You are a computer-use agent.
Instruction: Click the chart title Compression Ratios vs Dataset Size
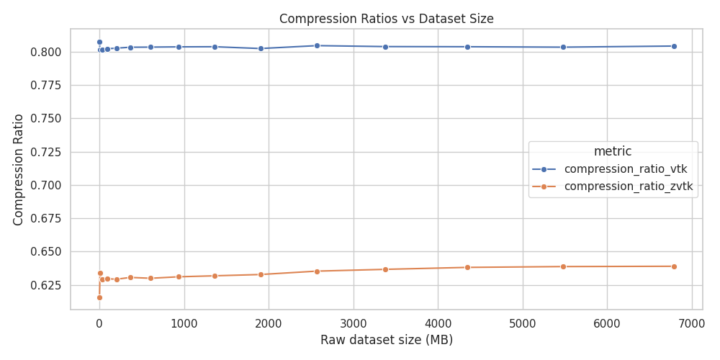click(x=386, y=19)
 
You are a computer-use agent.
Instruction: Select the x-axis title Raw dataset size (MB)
click(x=386, y=340)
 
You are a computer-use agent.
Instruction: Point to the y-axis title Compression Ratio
click(x=19, y=169)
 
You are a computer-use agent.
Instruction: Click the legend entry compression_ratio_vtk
click(x=625, y=169)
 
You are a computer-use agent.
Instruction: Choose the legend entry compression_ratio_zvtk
click(x=628, y=186)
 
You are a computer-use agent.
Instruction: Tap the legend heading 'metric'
click(x=613, y=151)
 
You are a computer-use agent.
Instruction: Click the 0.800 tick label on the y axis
click(x=46, y=52)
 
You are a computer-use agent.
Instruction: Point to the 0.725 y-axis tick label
click(x=46, y=152)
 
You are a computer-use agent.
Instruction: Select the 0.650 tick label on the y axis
click(x=46, y=252)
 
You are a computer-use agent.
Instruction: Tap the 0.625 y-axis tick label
click(x=46, y=285)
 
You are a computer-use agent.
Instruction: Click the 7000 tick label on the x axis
click(x=691, y=323)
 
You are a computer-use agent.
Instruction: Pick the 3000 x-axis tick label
click(x=353, y=323)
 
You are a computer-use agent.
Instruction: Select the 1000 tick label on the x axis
click(x=184, y=323)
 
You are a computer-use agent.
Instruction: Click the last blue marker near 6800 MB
click(x=674, y=46)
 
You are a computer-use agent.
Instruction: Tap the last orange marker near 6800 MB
click(x=674, y=266)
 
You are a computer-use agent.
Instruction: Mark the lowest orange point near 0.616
click(x=99, y=297)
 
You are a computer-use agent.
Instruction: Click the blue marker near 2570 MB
click(x=317, y=45)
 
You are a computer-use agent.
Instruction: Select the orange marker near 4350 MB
click(x=467, y=267)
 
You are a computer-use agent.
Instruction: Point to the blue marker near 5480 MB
click(x=563, y=48)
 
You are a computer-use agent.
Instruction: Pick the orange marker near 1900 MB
click(x=261, y=274)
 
